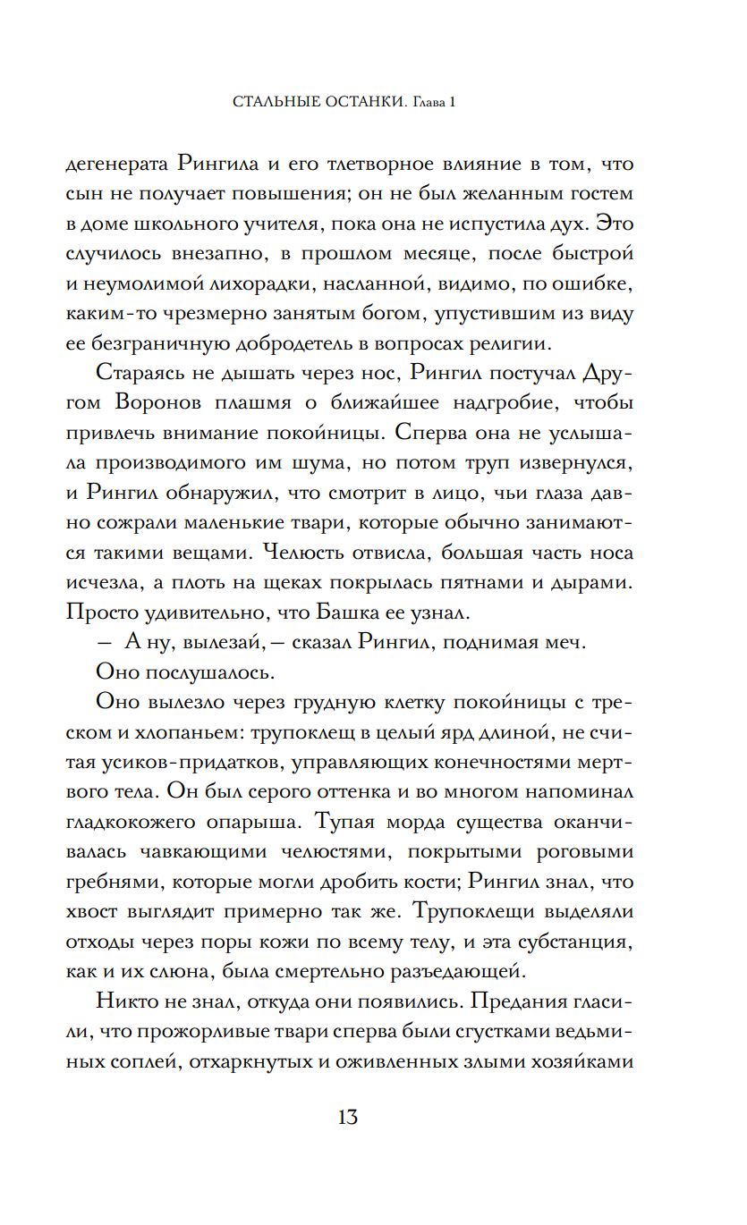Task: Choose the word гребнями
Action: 109,882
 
